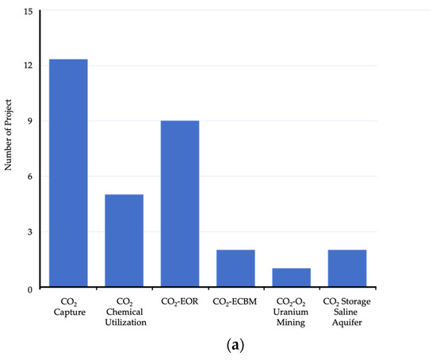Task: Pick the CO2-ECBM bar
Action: point(235,269)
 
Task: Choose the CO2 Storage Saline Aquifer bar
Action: point(347,269)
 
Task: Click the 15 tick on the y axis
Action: point(29,13)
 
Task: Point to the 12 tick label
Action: point(29,65)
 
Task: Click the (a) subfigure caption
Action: point(217,346)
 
